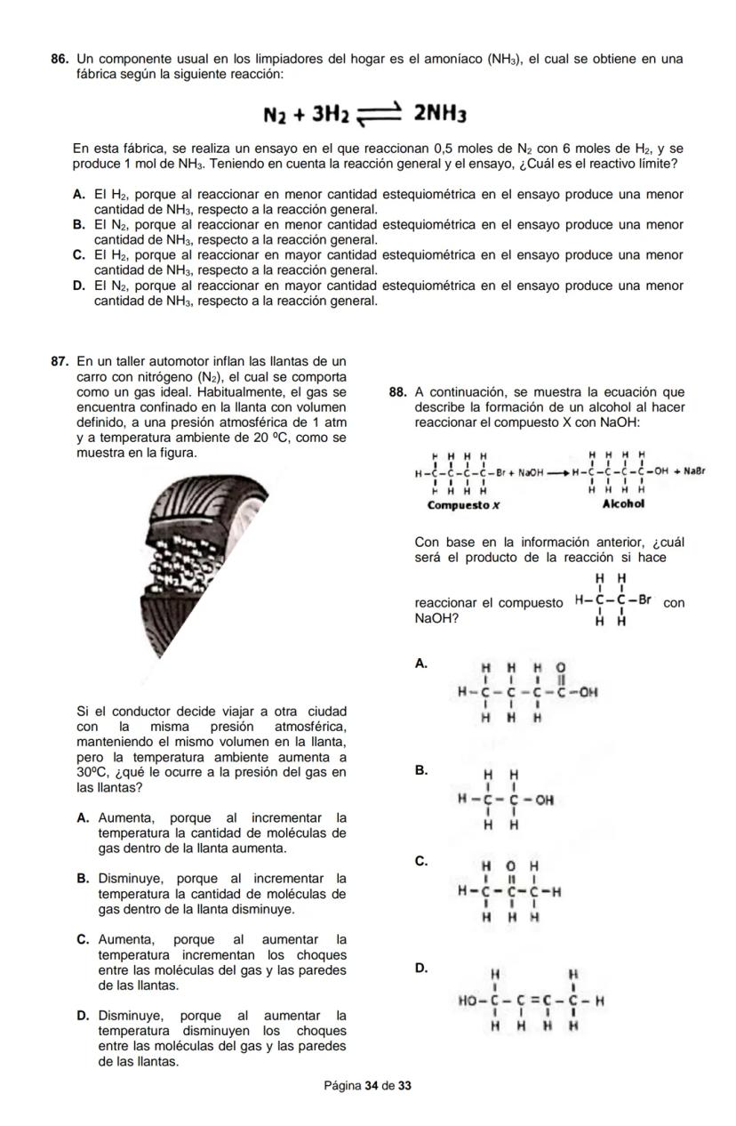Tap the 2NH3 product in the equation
(440, 114)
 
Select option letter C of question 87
(83, 939)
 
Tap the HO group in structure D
(468, 999)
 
